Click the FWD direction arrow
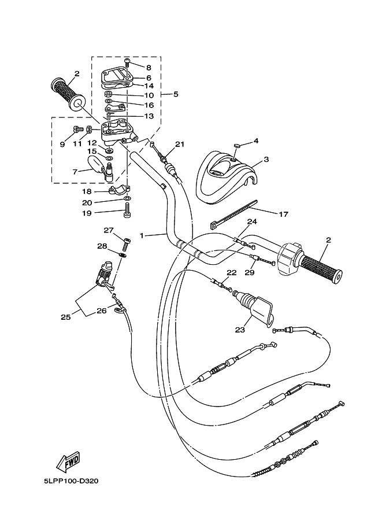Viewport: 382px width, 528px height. click(x=68, y=461)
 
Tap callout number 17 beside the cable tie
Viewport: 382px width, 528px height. click(x=283, y=214)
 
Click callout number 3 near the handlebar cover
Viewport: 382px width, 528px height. click(x=266, y=159)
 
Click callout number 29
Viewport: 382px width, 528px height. click(x=249, y=272)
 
